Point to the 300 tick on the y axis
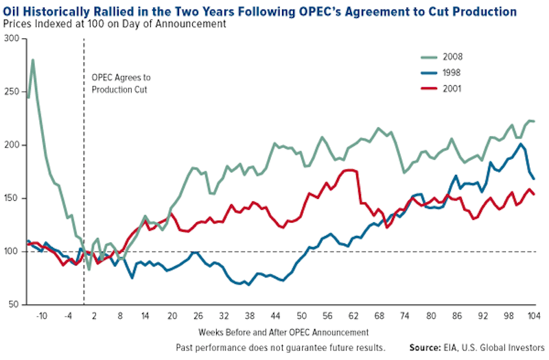pos(10,38)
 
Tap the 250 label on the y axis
pos(10,92)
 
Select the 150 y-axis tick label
pos(10,198)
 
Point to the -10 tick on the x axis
pos(42,316)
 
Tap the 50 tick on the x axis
pos(302,316)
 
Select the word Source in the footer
pos(425,347)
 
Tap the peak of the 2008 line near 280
pos(32,60)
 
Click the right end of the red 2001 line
pos(534,195)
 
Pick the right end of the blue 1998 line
pos(534,179)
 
